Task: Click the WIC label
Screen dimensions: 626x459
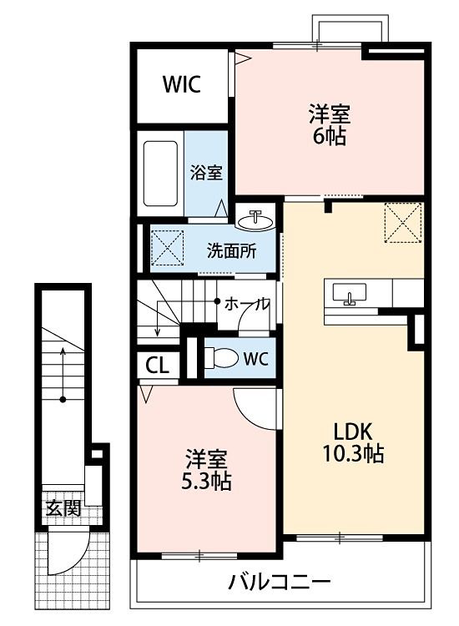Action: point(181,85)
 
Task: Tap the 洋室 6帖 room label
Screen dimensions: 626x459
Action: point(328,124)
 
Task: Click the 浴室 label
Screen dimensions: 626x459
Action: point(205,173)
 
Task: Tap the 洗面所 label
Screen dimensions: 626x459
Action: point(231,248)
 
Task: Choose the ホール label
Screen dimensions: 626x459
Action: point(247,304)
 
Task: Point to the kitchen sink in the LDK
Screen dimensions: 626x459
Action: point(349,295)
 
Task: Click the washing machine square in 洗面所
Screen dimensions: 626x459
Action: point(168,247)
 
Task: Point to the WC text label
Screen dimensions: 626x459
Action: point(255,359)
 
